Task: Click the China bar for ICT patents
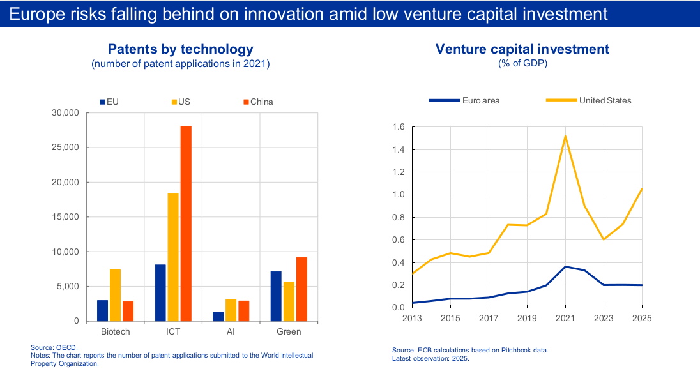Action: tap(186, 223)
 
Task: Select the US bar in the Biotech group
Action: tap(115, 295)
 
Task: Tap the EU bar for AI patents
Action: tap(218, 317)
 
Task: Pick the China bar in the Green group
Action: tap(302, 289)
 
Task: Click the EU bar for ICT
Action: tap(160, 293)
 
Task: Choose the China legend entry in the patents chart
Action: tap(258, 102)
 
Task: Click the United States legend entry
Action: tap(588, 100)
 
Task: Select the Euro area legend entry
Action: tap(464, 100)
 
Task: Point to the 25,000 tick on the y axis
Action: tap(65, 147)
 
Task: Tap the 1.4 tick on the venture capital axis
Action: tap(398, 149)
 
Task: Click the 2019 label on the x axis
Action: tap(527, 318)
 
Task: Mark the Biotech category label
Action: tap(115, 331)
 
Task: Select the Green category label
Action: tap(289, 331)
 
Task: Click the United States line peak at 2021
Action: tap(566, 136)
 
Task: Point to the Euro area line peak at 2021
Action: tap(566, 266)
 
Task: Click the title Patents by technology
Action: tap(181, 49)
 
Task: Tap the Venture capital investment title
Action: tap(522, 49)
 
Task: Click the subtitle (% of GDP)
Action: tap(523, 63)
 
